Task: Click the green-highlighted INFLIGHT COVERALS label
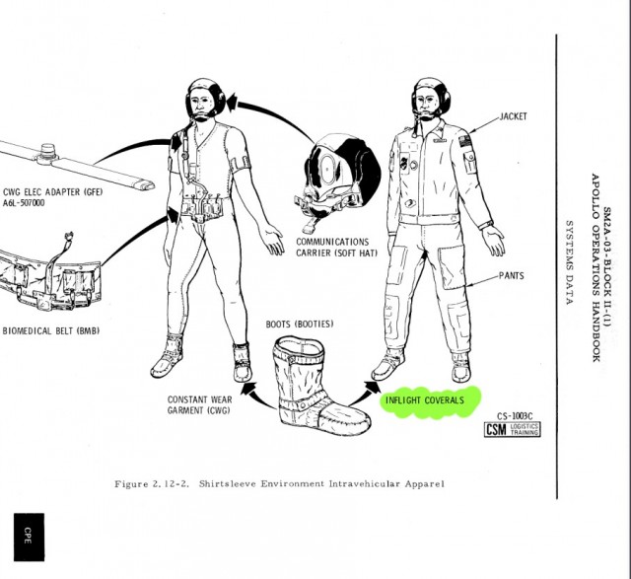point(425,400)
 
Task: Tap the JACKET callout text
point(513,116)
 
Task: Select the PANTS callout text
point(512,276)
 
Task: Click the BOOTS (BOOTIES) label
point(300,325)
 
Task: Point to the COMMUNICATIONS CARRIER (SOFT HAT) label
point(337,248)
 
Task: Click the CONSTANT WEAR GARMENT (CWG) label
point(199,404)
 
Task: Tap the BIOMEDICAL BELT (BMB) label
point(50,331)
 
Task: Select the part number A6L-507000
point(24,203)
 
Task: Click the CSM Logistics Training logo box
point(513,429)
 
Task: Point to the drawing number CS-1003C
point(515,416)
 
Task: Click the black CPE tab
point(29,537)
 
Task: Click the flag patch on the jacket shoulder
point(465,142)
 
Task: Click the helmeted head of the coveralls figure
point(431,99)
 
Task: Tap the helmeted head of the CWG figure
point(205,100)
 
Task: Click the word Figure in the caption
point(131,484)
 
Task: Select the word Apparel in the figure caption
point(425,483)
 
